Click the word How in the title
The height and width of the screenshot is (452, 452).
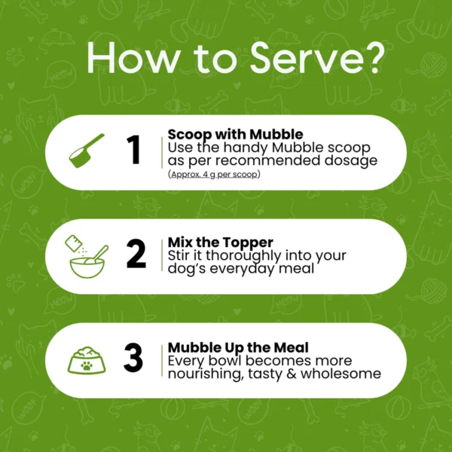[133, 58]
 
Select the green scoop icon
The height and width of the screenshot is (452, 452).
[87, 151]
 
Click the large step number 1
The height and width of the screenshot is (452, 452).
[133, 150]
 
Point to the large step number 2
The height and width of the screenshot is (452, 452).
[136, 254]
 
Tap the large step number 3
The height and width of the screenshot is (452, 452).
[133, 357]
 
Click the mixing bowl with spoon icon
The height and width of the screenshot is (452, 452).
[87, 257]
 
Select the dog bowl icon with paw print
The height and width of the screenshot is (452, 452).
[87, 360]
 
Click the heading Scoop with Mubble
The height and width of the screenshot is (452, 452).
[236, 134]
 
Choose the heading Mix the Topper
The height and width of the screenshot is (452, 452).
[221, 242]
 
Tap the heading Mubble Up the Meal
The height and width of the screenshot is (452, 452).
[238, 347]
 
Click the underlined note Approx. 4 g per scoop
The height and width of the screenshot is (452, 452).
[214, 175]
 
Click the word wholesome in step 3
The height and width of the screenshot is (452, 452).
[341, 374]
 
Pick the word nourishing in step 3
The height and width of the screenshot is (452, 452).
[204, 374]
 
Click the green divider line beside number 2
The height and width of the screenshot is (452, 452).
[162, 255]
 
